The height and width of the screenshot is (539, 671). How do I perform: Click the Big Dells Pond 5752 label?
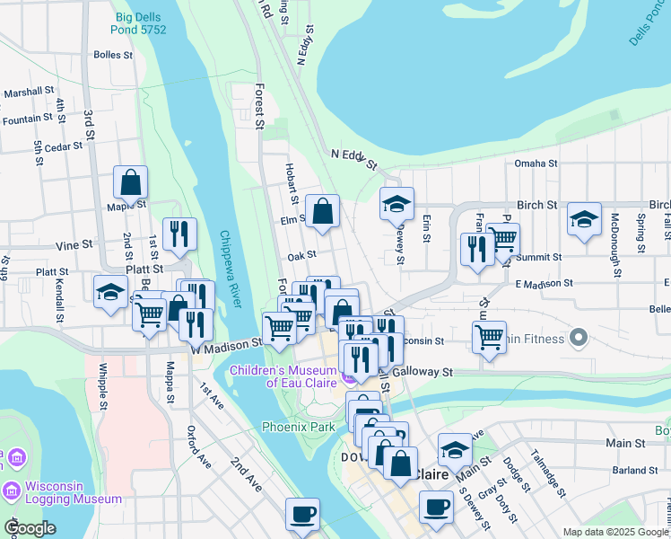pyautogui.click(x=141, y=22)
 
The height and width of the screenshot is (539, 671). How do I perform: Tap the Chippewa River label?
pyautogui.click(x=230, y=269)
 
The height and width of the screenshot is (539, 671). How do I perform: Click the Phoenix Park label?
pyautogui.click(x=297, y=427)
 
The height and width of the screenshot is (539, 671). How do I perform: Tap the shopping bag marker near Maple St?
pyautogui.click(x=131, y=183)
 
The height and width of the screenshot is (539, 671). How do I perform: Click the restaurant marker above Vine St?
pyautogui.click(x=179, y=234)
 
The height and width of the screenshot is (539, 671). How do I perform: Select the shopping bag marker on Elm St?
pyautogui.click(x=322, y=211)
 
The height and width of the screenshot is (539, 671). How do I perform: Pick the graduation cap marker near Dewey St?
pyautogui.click(x=396, y=205)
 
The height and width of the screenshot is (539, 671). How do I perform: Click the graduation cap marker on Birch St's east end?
pyautogui.click(x=584, y=219)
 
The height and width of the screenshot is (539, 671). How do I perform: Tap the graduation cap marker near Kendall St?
pyautogui.click(x=111, y=292)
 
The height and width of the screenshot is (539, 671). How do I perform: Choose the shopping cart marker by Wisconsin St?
pyautogui.click(x=489, y=338)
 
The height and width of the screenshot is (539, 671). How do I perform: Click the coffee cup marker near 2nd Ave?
pyautogui.click(x=302, y=515)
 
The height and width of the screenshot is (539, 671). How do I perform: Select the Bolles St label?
pyautogui.click(x=113, y=55)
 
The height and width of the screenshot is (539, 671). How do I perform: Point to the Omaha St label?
pyautogui.click(x=536, y=163)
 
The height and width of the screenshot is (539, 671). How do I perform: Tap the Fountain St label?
pyautogui.click(x=28, y=119)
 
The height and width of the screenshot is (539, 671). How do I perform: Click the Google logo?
pyautogui.click(x=30, y=528)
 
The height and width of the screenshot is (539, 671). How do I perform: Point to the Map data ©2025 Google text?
pyautogui.click(x=615, y=532)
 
